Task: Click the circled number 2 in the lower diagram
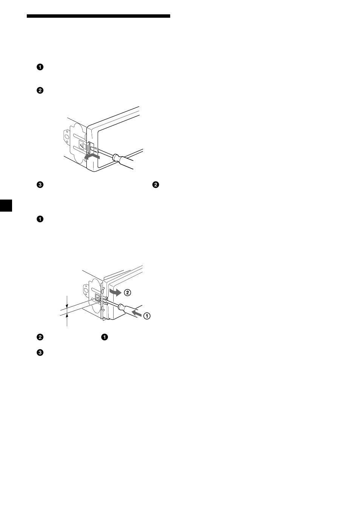128,292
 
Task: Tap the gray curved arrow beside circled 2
115,292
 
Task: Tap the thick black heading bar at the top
98,16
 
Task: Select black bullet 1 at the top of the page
40,67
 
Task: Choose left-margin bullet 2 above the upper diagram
40,91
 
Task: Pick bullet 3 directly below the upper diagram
40,185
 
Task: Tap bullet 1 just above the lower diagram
40,219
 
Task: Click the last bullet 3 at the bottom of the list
40,353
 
